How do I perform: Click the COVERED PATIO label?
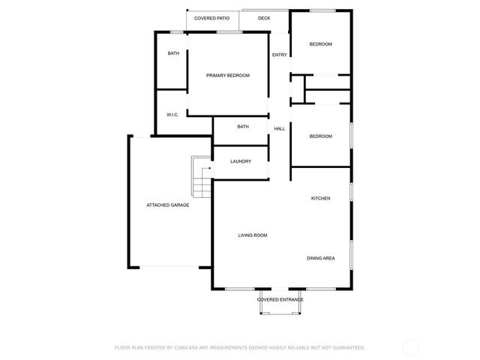211,17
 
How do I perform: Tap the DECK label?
264,17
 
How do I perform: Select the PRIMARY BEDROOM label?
228,75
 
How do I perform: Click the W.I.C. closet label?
172,115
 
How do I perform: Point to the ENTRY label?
279,55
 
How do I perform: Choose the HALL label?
279,129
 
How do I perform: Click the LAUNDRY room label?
241,161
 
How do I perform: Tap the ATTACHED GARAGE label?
167,205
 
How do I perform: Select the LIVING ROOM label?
253,235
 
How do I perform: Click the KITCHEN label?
321,198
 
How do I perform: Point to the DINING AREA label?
320,258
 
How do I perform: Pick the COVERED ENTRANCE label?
280,299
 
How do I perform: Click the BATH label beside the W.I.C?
173,53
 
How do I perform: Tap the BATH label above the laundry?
243,127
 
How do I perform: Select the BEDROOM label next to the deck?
321,44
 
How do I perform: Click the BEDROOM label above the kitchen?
321,136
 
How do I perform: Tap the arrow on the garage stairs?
206,169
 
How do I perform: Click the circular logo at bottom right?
410,347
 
